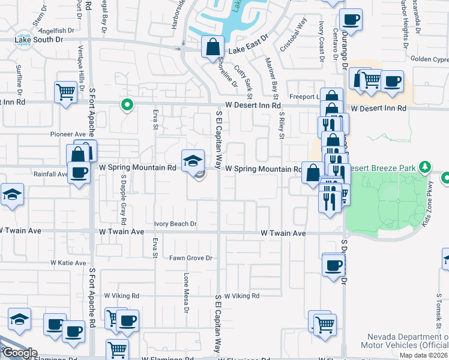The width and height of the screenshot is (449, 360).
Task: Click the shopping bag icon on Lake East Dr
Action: point(213,47)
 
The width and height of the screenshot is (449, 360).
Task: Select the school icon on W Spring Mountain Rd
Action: point(192,160)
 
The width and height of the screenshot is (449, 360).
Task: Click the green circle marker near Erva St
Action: point(127,106)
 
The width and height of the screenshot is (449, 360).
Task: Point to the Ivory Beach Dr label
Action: point(175,224)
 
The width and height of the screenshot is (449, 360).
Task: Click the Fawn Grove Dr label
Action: point(191,258)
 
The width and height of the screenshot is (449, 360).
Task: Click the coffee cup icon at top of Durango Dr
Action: point(351,19)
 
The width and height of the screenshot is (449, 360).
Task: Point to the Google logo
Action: point(19,353)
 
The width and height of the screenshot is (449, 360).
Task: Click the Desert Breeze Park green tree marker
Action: point(426,166)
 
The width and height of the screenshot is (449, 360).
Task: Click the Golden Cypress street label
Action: point(429,59)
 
